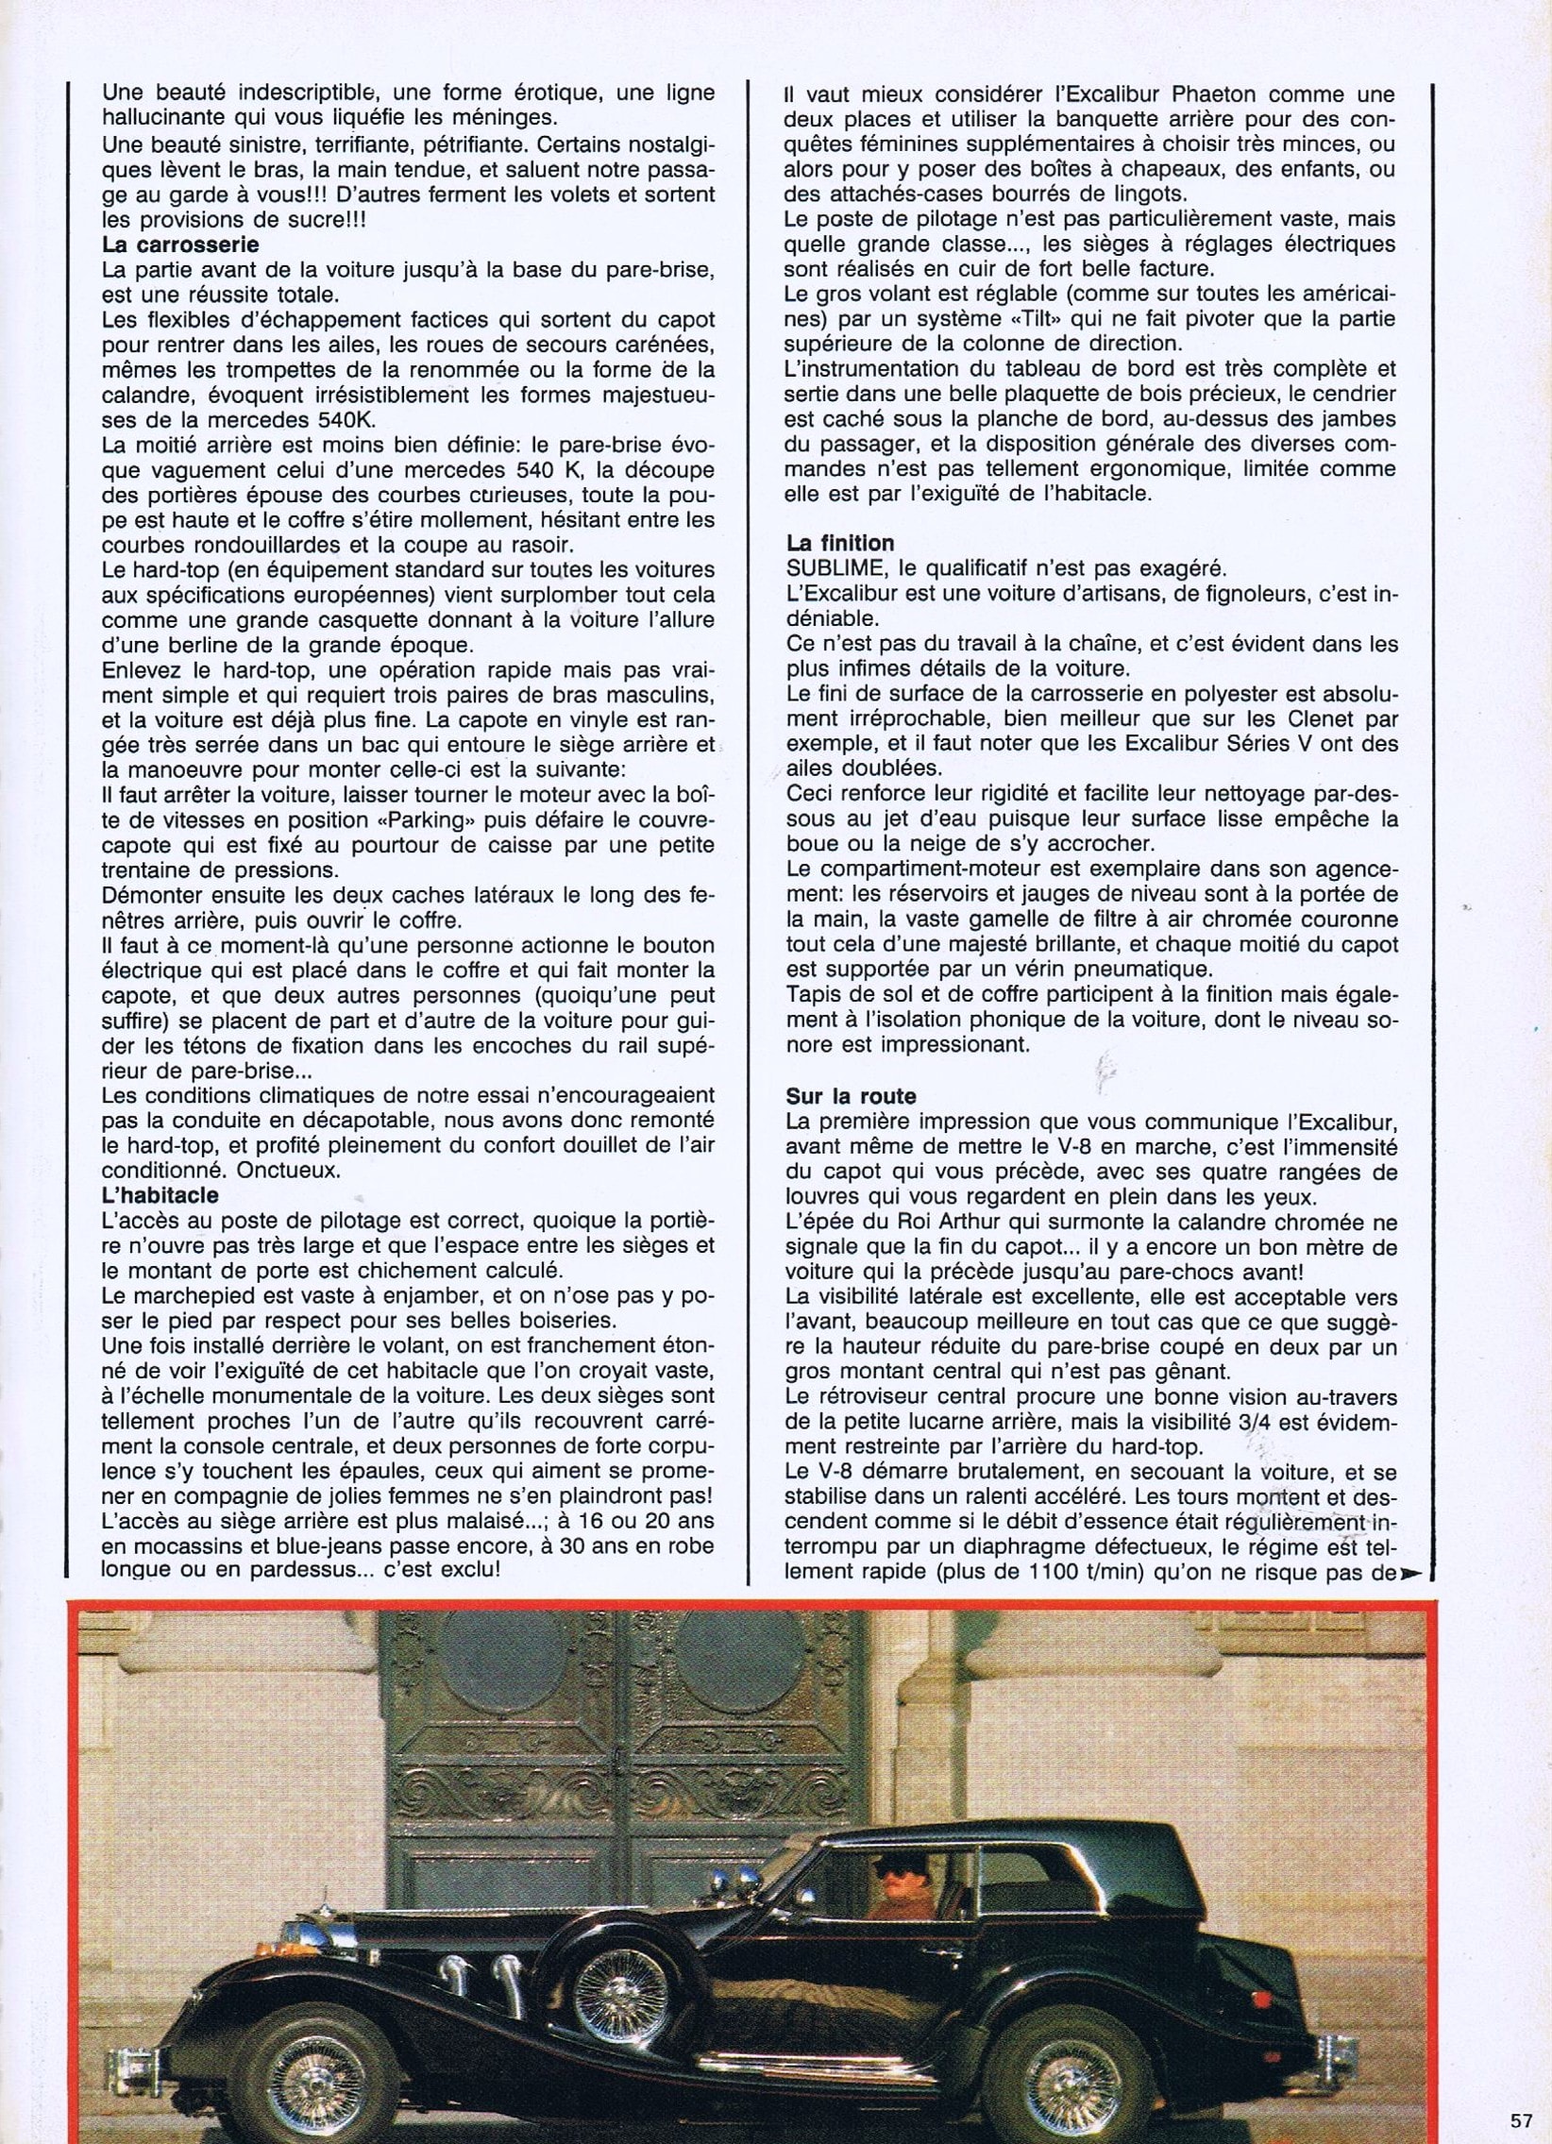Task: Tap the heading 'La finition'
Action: pyautogui.click(x=840, y=543)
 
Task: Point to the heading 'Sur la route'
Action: pyautogui.click(x=850, y=1097)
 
